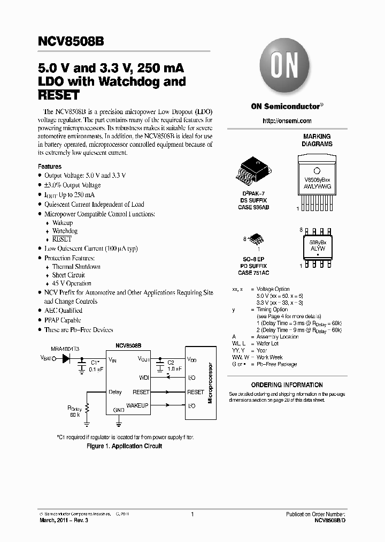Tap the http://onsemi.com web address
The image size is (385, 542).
(x=287, y=121)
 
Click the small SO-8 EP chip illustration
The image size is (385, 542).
(x=257, y=239)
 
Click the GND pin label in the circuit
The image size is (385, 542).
(x=119, y=410)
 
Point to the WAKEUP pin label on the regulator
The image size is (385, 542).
(x=137, y=405)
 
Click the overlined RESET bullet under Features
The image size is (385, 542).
(x=61, y=239)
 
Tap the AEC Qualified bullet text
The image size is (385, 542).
(x=63, y=311)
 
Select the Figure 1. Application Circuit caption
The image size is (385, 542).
(x=124, y=446)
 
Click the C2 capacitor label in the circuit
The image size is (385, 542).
(x=171, y=363)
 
